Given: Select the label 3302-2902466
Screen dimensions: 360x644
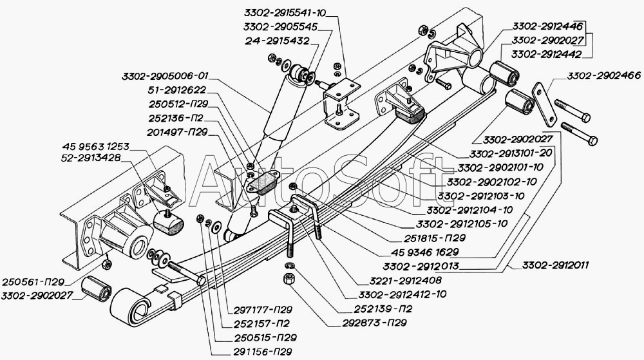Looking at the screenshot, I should click(603, 77).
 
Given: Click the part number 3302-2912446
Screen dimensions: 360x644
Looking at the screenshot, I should click(548, 26).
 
